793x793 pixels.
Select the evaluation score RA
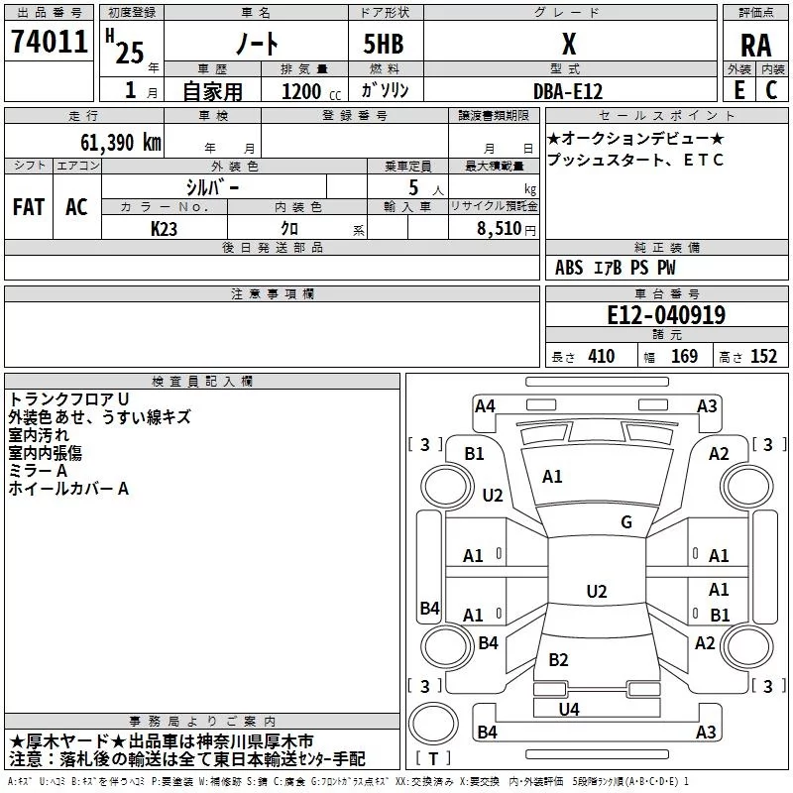click(755, 45)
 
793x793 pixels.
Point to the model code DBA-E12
click(567, 89)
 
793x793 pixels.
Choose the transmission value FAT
click(28, 207)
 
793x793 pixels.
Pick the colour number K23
click(165, 228)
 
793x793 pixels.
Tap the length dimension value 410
click(601, 357)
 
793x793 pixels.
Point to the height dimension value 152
click(763, 357)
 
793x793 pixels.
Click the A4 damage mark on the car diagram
click(485, 405)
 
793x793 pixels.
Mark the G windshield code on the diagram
click(626, 522)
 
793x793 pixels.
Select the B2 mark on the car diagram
click(559, 660)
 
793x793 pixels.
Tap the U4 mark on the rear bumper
click(569, 709)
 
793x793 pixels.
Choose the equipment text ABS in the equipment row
click(569, 268)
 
